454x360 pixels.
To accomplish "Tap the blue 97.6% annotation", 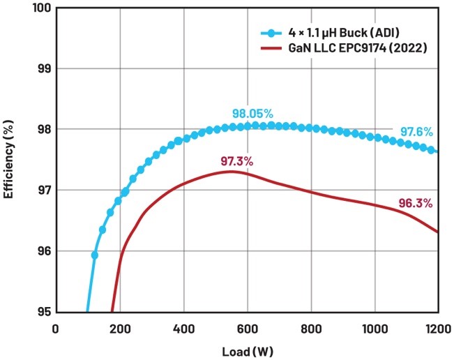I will point(416,132).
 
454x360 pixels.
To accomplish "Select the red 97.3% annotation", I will point(236,162).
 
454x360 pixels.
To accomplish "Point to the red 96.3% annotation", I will point(416,204).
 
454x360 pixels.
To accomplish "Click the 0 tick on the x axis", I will point(56,327).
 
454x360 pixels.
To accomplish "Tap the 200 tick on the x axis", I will point(120,327).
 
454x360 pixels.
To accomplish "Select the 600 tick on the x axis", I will point(248,327).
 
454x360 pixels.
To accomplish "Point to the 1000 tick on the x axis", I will point(374,327).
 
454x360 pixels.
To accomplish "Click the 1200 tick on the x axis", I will point(437,327).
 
